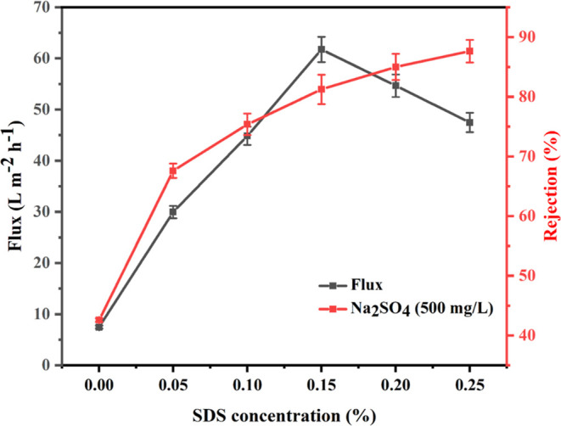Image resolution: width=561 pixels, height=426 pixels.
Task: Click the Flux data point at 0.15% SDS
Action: pyautogui.click(x=321, y=49)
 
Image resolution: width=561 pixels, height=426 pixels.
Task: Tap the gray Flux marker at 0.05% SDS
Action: pyautogui.click(x=173, y=212)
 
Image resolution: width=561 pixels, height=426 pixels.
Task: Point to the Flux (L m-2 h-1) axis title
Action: pyautogui.click(x=14, y=187)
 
